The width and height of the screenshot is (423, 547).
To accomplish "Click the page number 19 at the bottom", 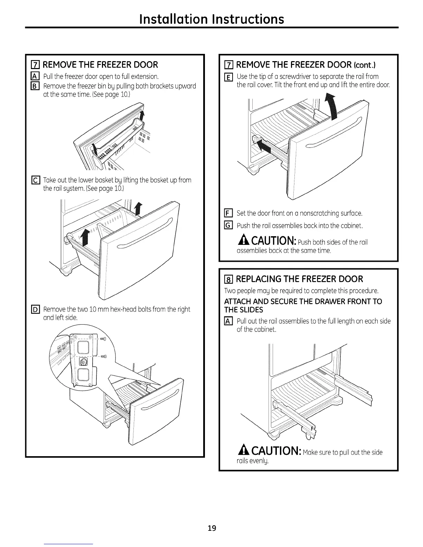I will [212, 528].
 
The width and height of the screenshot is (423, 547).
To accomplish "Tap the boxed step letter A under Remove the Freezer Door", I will [36, 76].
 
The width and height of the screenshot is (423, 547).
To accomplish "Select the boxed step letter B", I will [36, 86].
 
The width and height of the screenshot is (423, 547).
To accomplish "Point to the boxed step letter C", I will [36, 180].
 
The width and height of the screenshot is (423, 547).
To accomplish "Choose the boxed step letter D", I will [36, 309].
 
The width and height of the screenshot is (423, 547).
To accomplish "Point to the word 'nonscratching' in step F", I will [316, 213].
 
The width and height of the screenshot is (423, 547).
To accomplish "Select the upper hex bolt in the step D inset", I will [102, 339].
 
